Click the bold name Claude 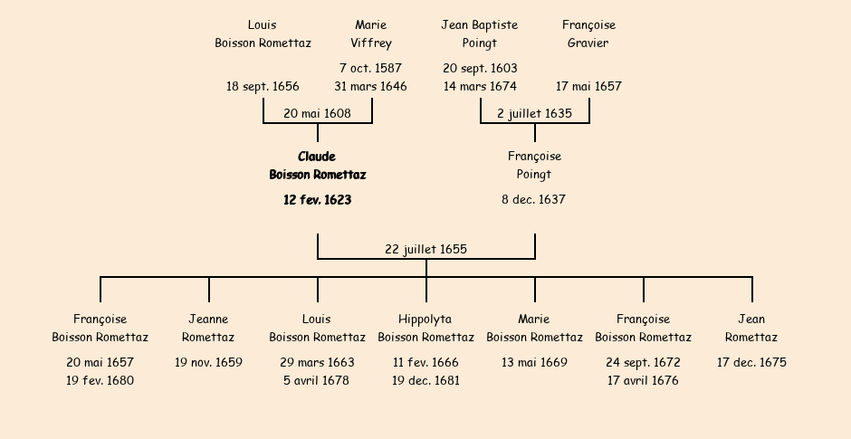[317, 157]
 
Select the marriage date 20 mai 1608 [317, 113]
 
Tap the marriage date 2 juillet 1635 [534, 113]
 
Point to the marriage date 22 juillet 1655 [425, 249]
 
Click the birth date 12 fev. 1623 [317, 200]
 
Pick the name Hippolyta [425, 319]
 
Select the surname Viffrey [371, 43]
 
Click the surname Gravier [588, 43]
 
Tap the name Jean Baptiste [480, 24]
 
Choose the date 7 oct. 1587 [370, 68]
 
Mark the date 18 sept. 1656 [263, 86]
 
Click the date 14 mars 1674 [480, 86]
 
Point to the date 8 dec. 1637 [534, 199]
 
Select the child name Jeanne [208, 319]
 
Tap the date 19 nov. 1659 [208, 362]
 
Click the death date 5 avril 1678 [317, 380]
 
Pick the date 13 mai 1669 [534, 362]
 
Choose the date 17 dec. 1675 [751, 362]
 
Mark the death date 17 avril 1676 [643, 380]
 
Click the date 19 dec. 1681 [425, 380]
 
